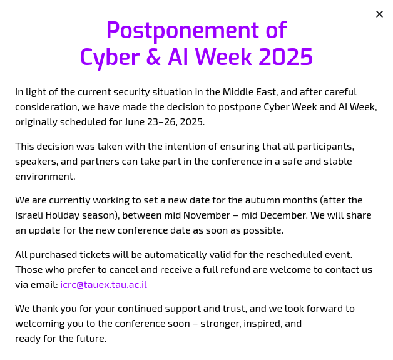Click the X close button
click(379, 14)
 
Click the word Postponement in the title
click(183, 31)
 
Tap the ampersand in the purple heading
click(153, 57)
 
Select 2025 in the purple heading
click(285, 57)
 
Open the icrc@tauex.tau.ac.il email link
click(103, 285)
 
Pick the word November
click(207, 215)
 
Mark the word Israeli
click(29, 215)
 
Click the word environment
click(45, 177)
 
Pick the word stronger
click(221, 324)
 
